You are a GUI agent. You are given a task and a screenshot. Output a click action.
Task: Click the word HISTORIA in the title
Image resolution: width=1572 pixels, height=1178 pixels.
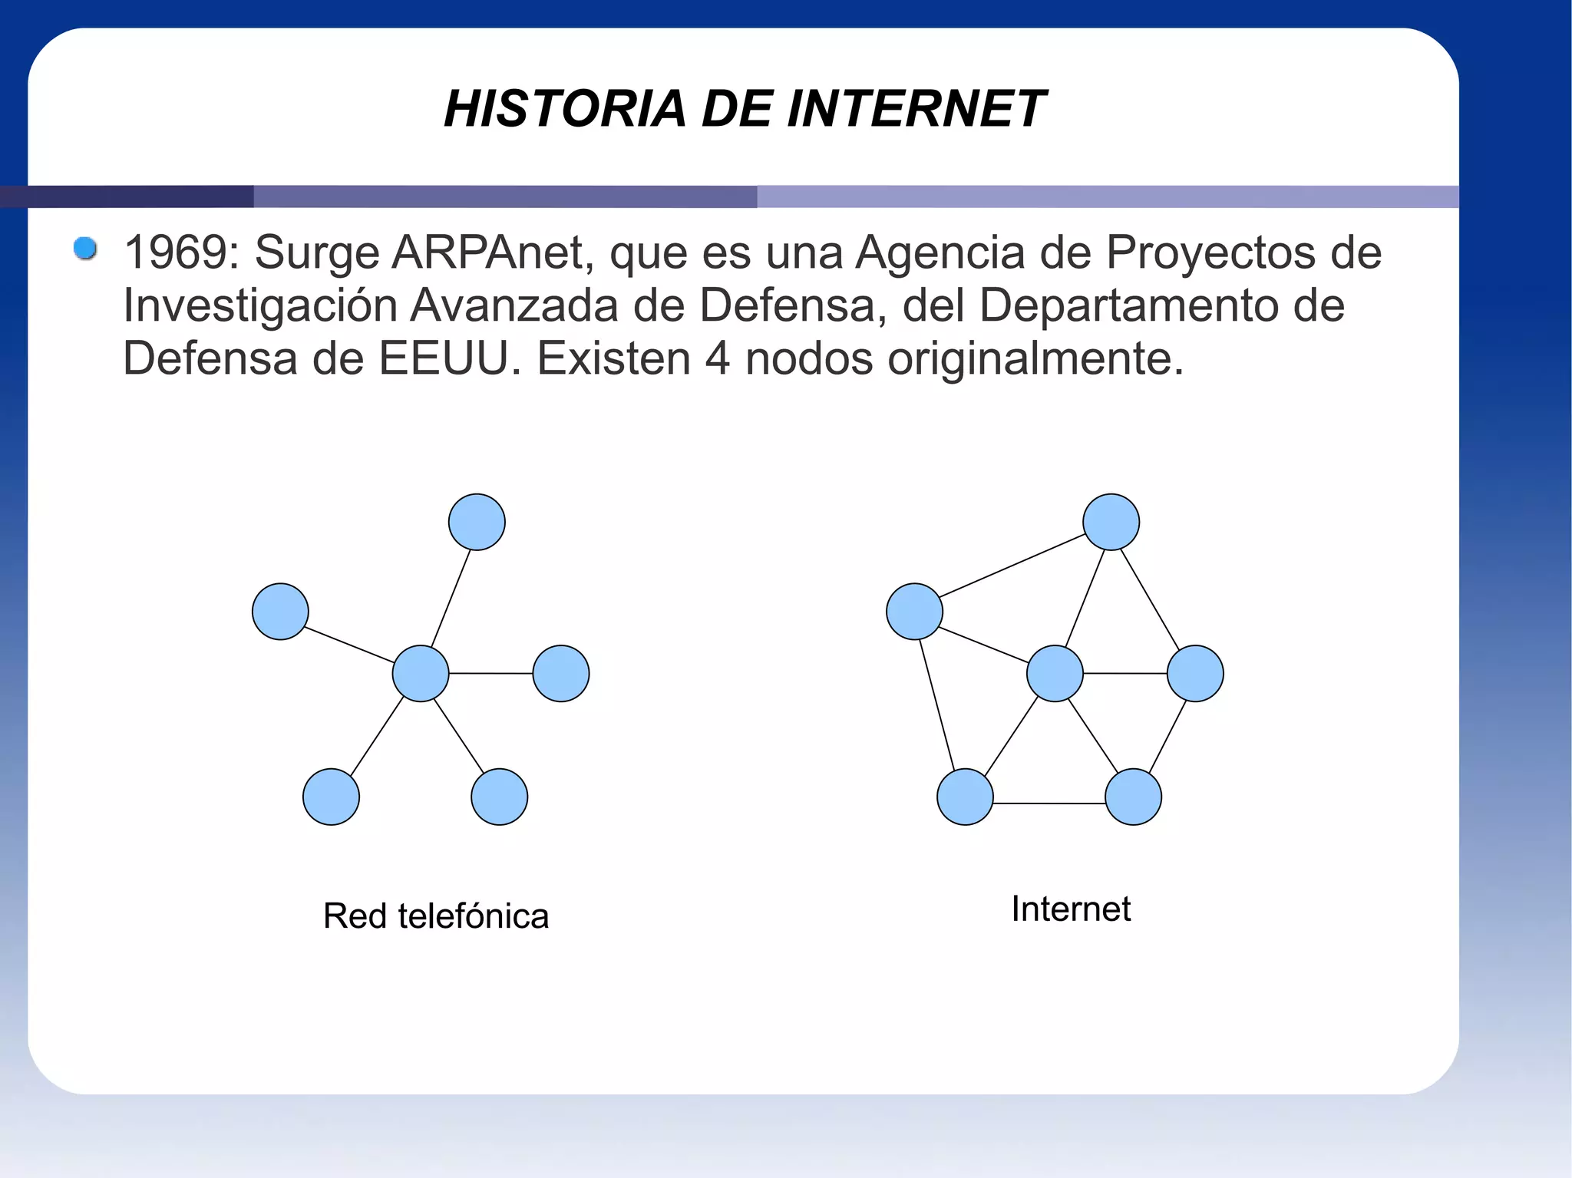tap(564, 108)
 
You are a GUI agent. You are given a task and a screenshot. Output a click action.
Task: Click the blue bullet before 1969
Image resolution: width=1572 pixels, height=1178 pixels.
tap(85, 249)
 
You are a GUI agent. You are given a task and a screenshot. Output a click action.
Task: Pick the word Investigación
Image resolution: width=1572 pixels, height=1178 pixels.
tap(259, 305)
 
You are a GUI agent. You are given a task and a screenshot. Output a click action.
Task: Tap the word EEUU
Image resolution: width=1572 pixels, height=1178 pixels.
tap(443, 358)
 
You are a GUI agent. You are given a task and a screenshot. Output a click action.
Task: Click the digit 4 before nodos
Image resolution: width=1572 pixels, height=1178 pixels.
tap(717, 358)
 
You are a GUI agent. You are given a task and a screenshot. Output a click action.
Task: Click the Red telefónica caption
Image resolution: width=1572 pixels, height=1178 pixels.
tap(436, 916)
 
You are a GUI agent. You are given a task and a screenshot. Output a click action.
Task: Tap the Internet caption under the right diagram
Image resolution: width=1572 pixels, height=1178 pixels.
tap(1071, 909)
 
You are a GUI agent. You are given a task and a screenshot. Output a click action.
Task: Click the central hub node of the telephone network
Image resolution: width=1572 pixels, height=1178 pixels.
tap(421, 673)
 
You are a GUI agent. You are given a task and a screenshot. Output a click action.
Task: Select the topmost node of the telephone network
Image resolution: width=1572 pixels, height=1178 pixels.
tap(477, 522)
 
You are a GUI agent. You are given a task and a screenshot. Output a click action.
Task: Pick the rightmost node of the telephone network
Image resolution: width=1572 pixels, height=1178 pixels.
tap(561, 673)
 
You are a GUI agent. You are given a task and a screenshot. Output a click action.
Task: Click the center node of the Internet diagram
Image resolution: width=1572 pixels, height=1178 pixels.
tap(1055, 673)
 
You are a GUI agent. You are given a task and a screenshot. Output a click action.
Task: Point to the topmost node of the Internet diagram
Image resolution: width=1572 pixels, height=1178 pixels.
tap(1111, 522)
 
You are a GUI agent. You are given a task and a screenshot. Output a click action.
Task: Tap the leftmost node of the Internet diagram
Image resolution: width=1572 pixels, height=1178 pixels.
tap(914, 612)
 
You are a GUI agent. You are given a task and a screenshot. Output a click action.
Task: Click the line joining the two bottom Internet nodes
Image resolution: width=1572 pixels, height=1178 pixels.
tap(1049, 803)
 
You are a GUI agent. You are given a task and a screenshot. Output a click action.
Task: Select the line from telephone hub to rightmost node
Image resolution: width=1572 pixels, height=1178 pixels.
tap(491, 673)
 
